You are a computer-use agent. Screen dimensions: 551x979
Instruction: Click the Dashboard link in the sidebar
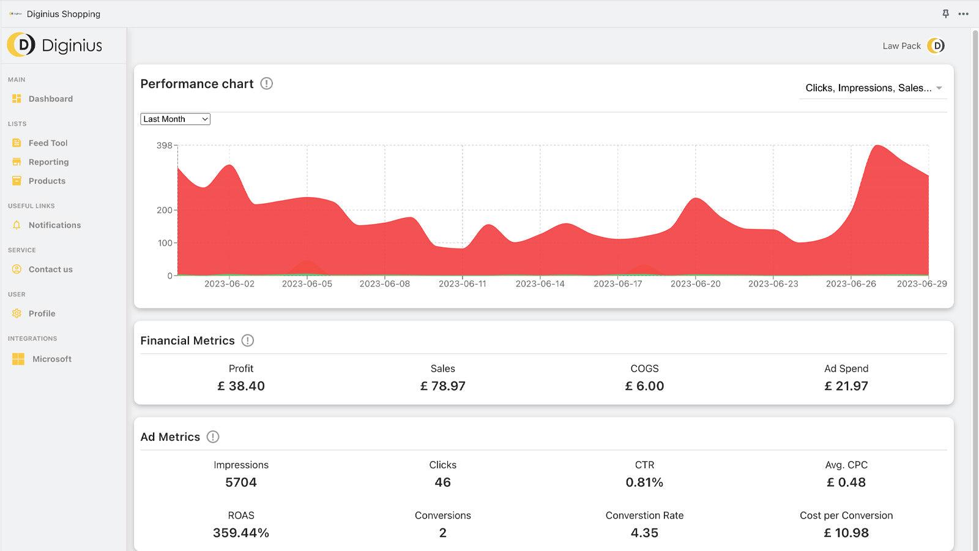[x=50, y=99]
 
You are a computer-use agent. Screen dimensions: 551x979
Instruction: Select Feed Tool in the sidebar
[x=48, y=143]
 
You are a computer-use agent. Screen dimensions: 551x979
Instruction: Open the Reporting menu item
[x=48, y=162]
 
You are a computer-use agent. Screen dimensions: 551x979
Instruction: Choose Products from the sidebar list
[x=47, y=181]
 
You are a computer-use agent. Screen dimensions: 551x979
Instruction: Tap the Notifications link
[x=54, y=225]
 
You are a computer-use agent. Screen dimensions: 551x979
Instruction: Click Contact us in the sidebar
[x=50, y=269]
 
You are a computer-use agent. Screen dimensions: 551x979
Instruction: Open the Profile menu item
[x=42, y=313]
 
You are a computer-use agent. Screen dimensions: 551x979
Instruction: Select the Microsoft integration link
[x=51, y=359]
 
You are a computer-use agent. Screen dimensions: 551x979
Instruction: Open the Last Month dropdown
[x=175, y=119]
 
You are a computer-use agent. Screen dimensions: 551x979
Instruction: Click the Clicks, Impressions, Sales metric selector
[x=873, y=88]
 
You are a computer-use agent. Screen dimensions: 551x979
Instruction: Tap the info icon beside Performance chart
[x=267, y=84]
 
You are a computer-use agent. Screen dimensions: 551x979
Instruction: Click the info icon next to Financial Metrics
[x=248, y=341]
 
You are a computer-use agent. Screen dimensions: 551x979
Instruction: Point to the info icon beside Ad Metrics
[x=213, y=437]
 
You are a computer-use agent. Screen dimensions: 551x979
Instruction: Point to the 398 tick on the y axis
[x=164, y=146]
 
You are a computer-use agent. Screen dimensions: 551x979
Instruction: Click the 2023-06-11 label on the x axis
[x=462, y=284]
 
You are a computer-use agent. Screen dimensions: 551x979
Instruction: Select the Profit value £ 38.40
[x=241, y=386]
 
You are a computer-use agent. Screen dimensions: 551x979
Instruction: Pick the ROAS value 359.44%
[x=241, y=533]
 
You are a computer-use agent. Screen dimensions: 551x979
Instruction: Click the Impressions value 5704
[x=241, y=482]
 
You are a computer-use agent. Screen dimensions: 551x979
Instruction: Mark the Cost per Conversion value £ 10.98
[x=846, y=533]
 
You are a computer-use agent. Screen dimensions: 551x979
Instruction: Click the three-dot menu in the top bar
[x=964, y=14]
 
